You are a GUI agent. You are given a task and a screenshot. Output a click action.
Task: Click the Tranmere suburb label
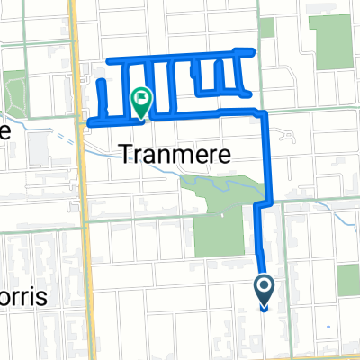click(x=175, y=155)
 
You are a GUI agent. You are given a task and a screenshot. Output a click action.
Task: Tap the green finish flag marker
click(x=141, y=99)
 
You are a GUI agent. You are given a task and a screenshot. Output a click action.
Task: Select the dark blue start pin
click(x=265, y=289)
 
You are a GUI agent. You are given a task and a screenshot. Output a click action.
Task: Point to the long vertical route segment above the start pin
click(x=261, y=243)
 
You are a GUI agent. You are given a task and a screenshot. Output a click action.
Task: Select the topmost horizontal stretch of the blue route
click(x=180, y=58)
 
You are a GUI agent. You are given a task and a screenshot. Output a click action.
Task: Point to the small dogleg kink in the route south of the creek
click(x=259, y=204)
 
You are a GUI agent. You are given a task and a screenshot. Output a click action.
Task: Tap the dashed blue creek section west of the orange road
click(x=54, y=126)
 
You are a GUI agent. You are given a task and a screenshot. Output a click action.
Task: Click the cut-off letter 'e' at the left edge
click(x=4, y=131)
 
